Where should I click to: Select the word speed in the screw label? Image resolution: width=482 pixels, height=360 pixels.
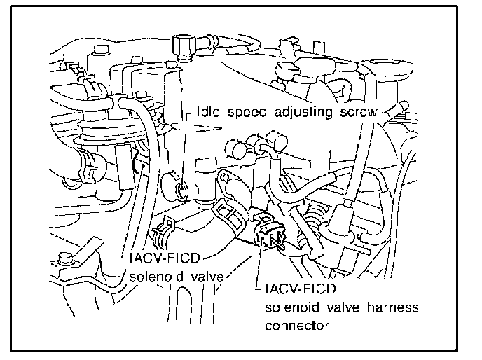click(245, 113)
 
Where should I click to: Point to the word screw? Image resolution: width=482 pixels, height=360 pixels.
click(357, 113)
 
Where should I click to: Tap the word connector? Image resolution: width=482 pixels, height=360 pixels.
click(294, 326)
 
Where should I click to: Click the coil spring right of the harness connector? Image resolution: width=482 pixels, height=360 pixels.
click(319, 211)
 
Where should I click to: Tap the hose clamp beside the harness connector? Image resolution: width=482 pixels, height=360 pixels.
click(228, 207)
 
